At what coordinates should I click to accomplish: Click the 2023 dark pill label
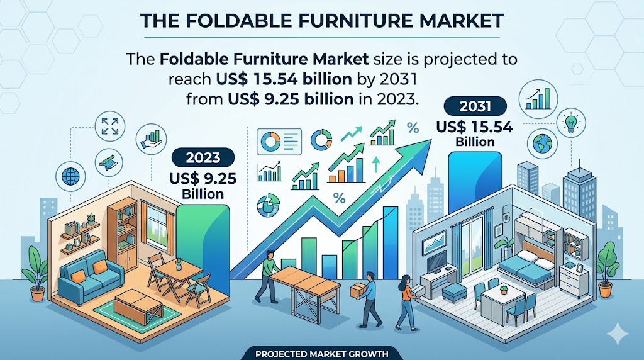(203, 158)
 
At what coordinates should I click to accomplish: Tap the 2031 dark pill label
(475, 106)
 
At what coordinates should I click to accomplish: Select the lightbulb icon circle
(571, 123)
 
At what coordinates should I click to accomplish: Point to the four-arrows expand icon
(109, 126)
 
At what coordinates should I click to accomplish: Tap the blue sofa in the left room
(91, 274)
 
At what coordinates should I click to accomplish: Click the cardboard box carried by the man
(357, 291)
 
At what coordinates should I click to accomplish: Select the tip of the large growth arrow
(431, 140)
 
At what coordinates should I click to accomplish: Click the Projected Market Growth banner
(321, 354)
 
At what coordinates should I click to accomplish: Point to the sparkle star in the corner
(618, 334)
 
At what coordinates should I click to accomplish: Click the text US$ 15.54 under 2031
(475, 127)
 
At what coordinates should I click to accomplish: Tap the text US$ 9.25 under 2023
(203, 179)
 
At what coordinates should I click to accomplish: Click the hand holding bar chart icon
(151, 139)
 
